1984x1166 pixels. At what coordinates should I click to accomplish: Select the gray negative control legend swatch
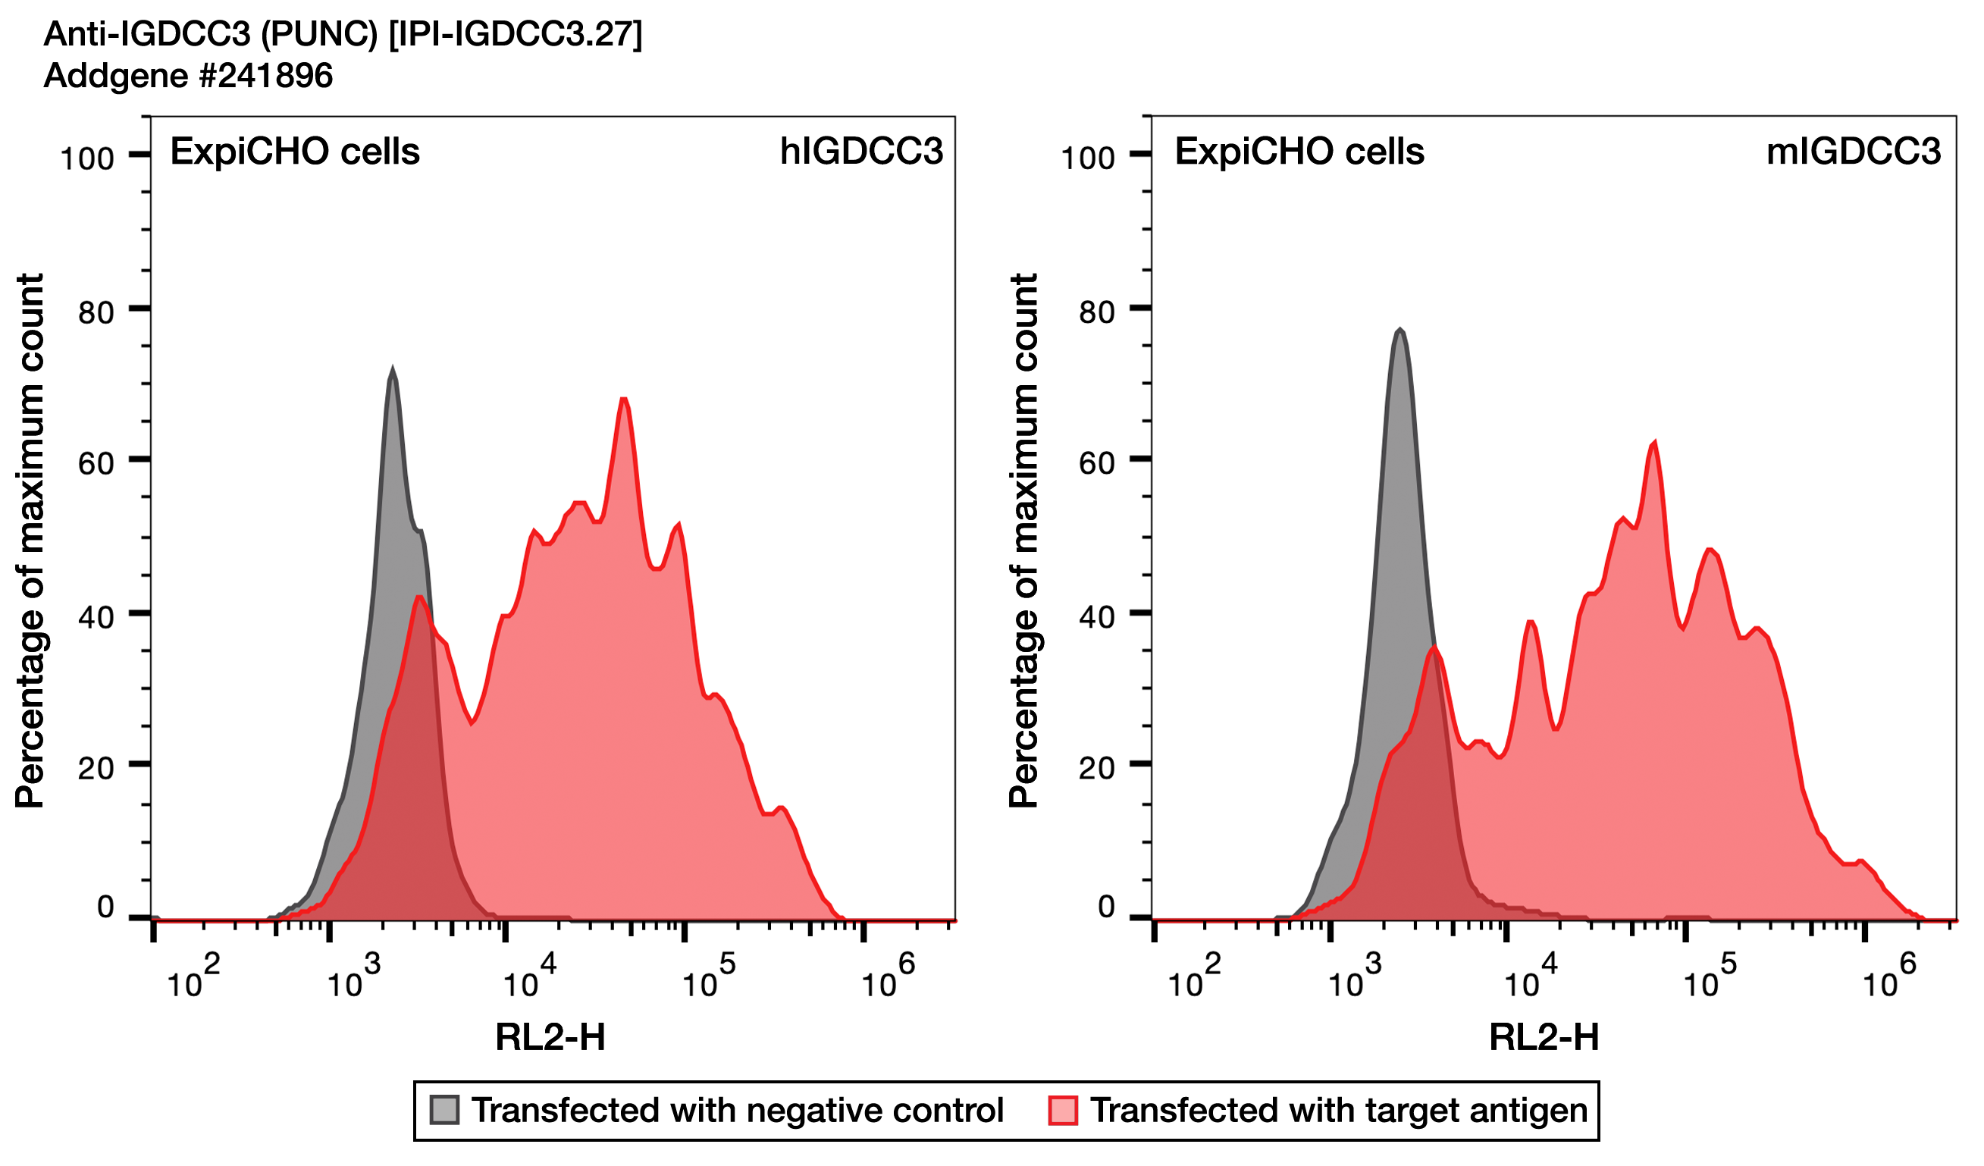[x=444, y=1110]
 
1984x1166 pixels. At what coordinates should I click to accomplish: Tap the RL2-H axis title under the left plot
[x=550, y=1037]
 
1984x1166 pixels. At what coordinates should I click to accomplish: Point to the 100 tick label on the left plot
[x=87, y=159]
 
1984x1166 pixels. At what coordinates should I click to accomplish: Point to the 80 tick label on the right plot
[x=1097, y=312]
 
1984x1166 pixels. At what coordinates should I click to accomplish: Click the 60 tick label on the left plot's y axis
[x=96, y=464]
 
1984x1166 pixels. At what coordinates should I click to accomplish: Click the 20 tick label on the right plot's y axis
[x=1097, y=768]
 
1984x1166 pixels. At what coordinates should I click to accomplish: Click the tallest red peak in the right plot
[x=1655, y=444]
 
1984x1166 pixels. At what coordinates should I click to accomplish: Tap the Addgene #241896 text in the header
[x=188, y=76]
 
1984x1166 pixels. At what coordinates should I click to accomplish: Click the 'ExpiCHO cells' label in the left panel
[x=295, y=151]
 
